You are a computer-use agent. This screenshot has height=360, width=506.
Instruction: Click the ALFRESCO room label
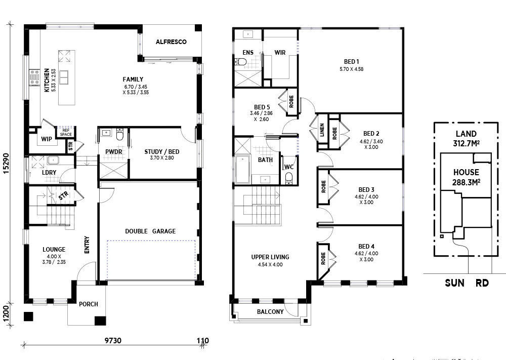[171, 42]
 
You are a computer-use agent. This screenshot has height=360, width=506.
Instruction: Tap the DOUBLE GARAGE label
[150, 231]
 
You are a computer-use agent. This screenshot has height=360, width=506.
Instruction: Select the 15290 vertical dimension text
[6, 164]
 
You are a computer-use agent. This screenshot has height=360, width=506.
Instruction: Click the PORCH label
[89, 304]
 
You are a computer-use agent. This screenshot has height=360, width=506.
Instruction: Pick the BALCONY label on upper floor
[270, 312]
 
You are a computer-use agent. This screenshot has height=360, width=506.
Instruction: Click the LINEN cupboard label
[321, 131]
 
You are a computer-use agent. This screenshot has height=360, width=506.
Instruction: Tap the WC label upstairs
[288, 167]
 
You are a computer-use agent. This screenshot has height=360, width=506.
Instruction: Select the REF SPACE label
[65, 132]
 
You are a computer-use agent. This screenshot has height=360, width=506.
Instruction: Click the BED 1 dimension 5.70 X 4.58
[351, 69]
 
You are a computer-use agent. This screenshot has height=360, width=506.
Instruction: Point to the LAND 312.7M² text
[466, 138]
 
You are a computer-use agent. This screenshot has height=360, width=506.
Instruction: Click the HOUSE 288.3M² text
[466, 177]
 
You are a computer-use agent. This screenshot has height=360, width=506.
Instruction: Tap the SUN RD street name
[467, 283]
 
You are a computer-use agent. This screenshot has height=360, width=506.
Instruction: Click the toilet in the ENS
[240, 62]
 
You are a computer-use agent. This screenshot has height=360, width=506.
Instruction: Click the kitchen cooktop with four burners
[35, 77]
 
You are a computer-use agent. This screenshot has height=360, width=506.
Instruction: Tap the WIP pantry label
[47, 139]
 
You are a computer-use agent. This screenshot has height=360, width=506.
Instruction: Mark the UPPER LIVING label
[270, 257]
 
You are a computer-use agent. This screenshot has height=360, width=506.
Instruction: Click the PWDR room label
[113, 151]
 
